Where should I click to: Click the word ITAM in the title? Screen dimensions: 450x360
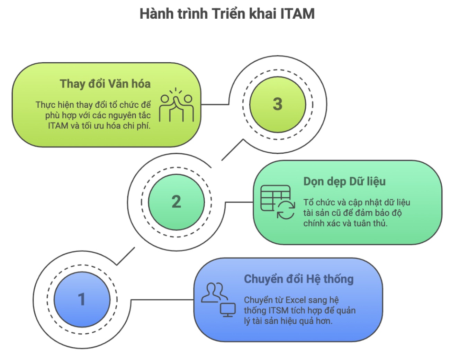pyautogui.click(x=297, y=14)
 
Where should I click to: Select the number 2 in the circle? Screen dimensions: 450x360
pyautogui.click(x=176, y=202)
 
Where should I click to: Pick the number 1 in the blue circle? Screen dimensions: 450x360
pyautogui.click(x=82, y=299)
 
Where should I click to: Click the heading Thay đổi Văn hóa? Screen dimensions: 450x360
pyautogui.click(x=105, y=84)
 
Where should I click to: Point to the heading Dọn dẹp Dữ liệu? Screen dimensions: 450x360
pyautogui.click(x=344, y=182)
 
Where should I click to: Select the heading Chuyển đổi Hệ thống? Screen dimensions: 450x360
pyautogui.click(x=299, y=279)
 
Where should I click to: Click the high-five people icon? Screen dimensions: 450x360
pyautogui.click(x=177, y=105)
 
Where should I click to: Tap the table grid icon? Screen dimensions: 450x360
pyautogui.click(x=276, y=198)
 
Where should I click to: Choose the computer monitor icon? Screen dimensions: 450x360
pyautogui.click(x=228, y=310)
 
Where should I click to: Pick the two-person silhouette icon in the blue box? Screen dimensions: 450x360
pyautogui.click(x=214, y=292)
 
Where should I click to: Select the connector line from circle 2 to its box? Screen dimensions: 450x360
pyautogui.click(x=239, y=202)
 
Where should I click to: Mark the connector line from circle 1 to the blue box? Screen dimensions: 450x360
pyautogui.click(x=162, y=300)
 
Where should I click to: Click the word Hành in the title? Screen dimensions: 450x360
pyautogui.click(x=156, y=14)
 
